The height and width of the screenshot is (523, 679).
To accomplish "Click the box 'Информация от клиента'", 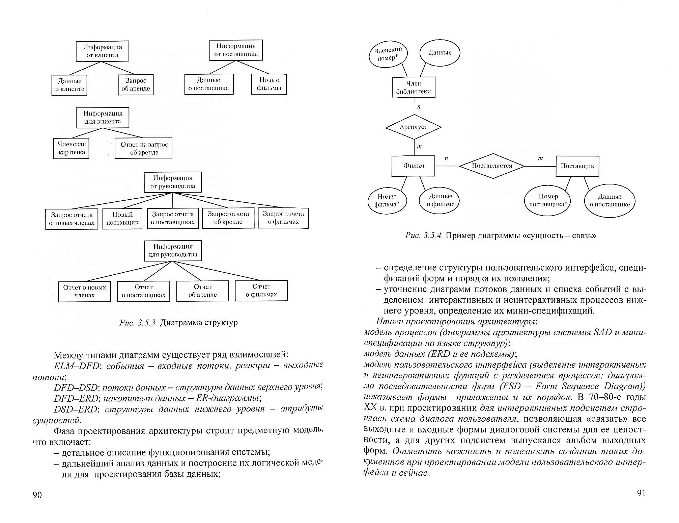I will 102,51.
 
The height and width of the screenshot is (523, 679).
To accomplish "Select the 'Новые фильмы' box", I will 269,84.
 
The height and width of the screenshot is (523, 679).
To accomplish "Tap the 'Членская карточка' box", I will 71,148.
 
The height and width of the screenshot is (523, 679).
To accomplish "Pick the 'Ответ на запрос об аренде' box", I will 143,148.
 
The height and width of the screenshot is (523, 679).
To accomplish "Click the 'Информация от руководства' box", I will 173,182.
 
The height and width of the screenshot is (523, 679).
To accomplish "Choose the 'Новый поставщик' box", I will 122,219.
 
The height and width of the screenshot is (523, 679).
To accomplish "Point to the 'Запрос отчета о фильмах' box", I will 283,218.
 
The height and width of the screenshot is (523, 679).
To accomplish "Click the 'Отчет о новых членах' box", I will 84,291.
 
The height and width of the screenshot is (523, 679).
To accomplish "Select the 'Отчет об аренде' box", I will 202,291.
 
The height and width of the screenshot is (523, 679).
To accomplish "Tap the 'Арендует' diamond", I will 413,127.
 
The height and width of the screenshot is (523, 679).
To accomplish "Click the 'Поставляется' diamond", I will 492,166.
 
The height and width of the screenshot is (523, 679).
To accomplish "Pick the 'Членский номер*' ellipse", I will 388,54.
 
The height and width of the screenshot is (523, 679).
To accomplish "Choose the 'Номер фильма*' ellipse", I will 387,201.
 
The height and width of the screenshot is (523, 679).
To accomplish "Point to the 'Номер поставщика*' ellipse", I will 548,200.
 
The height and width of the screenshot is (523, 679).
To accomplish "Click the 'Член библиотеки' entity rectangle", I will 413,88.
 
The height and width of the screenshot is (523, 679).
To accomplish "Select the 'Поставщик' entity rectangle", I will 577,166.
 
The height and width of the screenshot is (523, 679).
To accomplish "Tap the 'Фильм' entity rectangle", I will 413,166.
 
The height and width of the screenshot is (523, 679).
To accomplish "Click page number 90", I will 37,495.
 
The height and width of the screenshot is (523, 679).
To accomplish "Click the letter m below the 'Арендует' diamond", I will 419,147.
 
